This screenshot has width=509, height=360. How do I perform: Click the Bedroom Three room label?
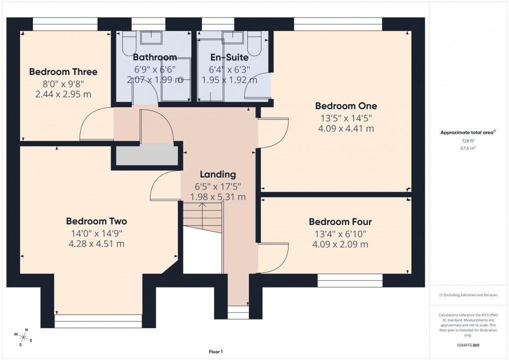[x=63, y=72]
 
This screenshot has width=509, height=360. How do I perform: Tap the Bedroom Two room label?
[x=96, y=221]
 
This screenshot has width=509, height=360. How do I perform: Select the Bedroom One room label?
[x=346, y=106]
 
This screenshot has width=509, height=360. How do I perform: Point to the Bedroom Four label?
[x=340, y=222]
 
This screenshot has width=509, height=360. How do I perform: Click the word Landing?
[x=218, y=174]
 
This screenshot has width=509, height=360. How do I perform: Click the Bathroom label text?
[x=155, y=57]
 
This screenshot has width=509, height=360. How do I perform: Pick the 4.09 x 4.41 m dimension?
[x=346, y=128]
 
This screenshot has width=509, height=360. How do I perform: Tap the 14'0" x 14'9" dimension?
[x=96, y=233]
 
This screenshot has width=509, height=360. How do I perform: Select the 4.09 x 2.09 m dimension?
[x=340, y=244]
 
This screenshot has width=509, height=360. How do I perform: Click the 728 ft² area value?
[x=468, y=141]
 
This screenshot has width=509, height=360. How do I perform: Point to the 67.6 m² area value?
[x=468, y=148]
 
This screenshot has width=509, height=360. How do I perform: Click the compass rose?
[x=23, y=335]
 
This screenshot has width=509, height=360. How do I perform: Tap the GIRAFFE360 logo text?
[x=468, y=345]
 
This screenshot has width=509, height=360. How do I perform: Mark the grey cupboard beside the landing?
[x=147, y=155]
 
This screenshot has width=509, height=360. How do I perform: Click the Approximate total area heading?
[x=467, y=132]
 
